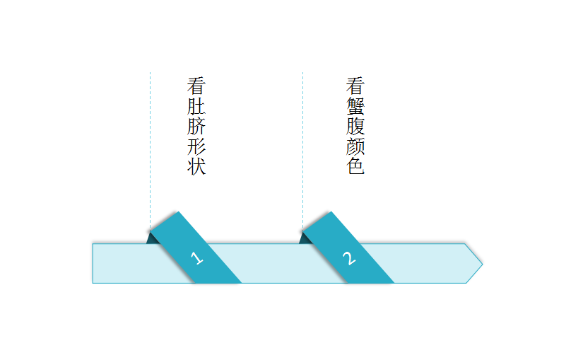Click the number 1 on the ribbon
pyautogui.click(x=196, y=258)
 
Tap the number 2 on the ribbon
pyautogui.click(x=349, y=258)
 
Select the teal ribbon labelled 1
pyautogui.click(x=196, y=248)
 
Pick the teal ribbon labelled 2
pyautogui.click(x=348, y=248)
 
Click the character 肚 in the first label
pyautogui.click(x=196, y=106)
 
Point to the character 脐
pyautogui.click(x=196, y=126)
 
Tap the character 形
pyautogui.click(x=196, y=146)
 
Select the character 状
pyautogui.click(x=196, y=166)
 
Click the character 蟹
pyautogui.click(x=355, y=106)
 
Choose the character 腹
pyautogui.click(x=355, y=126)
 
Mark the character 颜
pyautogui.click(x=355, y=146)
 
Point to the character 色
pyautogui.click(x=355, y=166)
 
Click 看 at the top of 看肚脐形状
pyautogui.click(x=196, y=86)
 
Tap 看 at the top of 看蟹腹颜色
pyautogui.click(x=355, y=86)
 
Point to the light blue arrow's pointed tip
pyautogui.click(x=482, y=265)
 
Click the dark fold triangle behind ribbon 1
pyautogui.click(x=152, y=239)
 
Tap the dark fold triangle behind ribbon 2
pyautogui.click(x=305, y=239)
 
